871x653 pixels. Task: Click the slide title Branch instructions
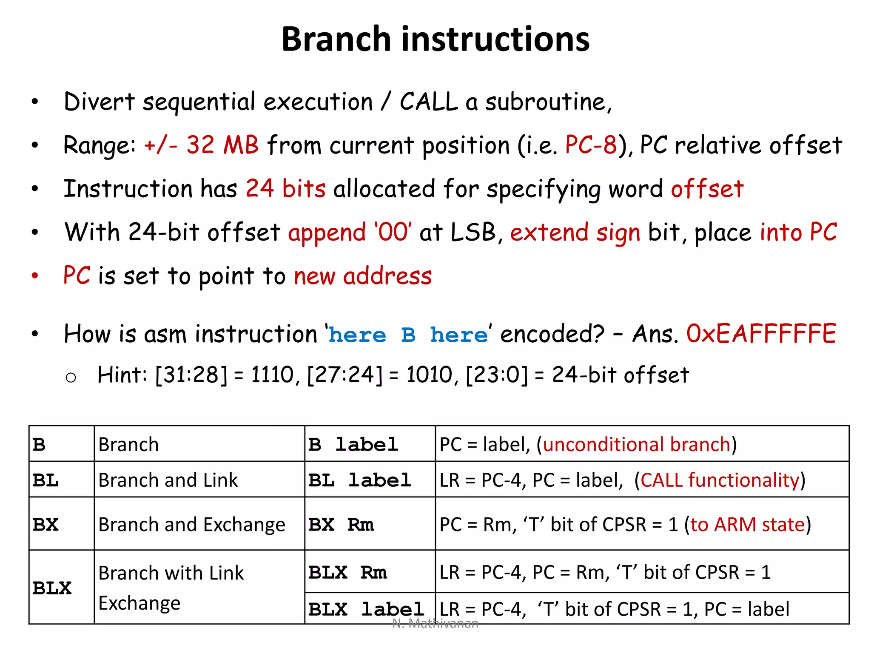point(435,39)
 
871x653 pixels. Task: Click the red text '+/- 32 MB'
point(201,145)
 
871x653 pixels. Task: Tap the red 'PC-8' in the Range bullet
point(590,145)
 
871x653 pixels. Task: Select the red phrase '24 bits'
point(285,188)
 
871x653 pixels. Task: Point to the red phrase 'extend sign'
point(575,233)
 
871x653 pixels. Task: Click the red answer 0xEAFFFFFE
point(761,334)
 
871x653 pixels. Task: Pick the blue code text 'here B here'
point(408,335)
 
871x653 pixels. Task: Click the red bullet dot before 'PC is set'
point(35,275)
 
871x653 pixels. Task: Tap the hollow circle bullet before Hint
point(71,378)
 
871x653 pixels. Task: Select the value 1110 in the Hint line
point(272,375)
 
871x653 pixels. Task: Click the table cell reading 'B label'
point(353,445)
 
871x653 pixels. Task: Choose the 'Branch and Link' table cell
point(168,480)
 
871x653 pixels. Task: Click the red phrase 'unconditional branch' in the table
point(636,444)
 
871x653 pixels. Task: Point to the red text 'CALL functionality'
point(720,480)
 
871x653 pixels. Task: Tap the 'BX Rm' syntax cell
point(341,525)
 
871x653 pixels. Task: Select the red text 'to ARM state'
point(748,524)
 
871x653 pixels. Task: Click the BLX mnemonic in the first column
point(52,588)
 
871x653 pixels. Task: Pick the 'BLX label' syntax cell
point(366,609)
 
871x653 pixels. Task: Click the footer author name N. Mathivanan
point(435,624)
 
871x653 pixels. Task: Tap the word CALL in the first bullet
point(429,102)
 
